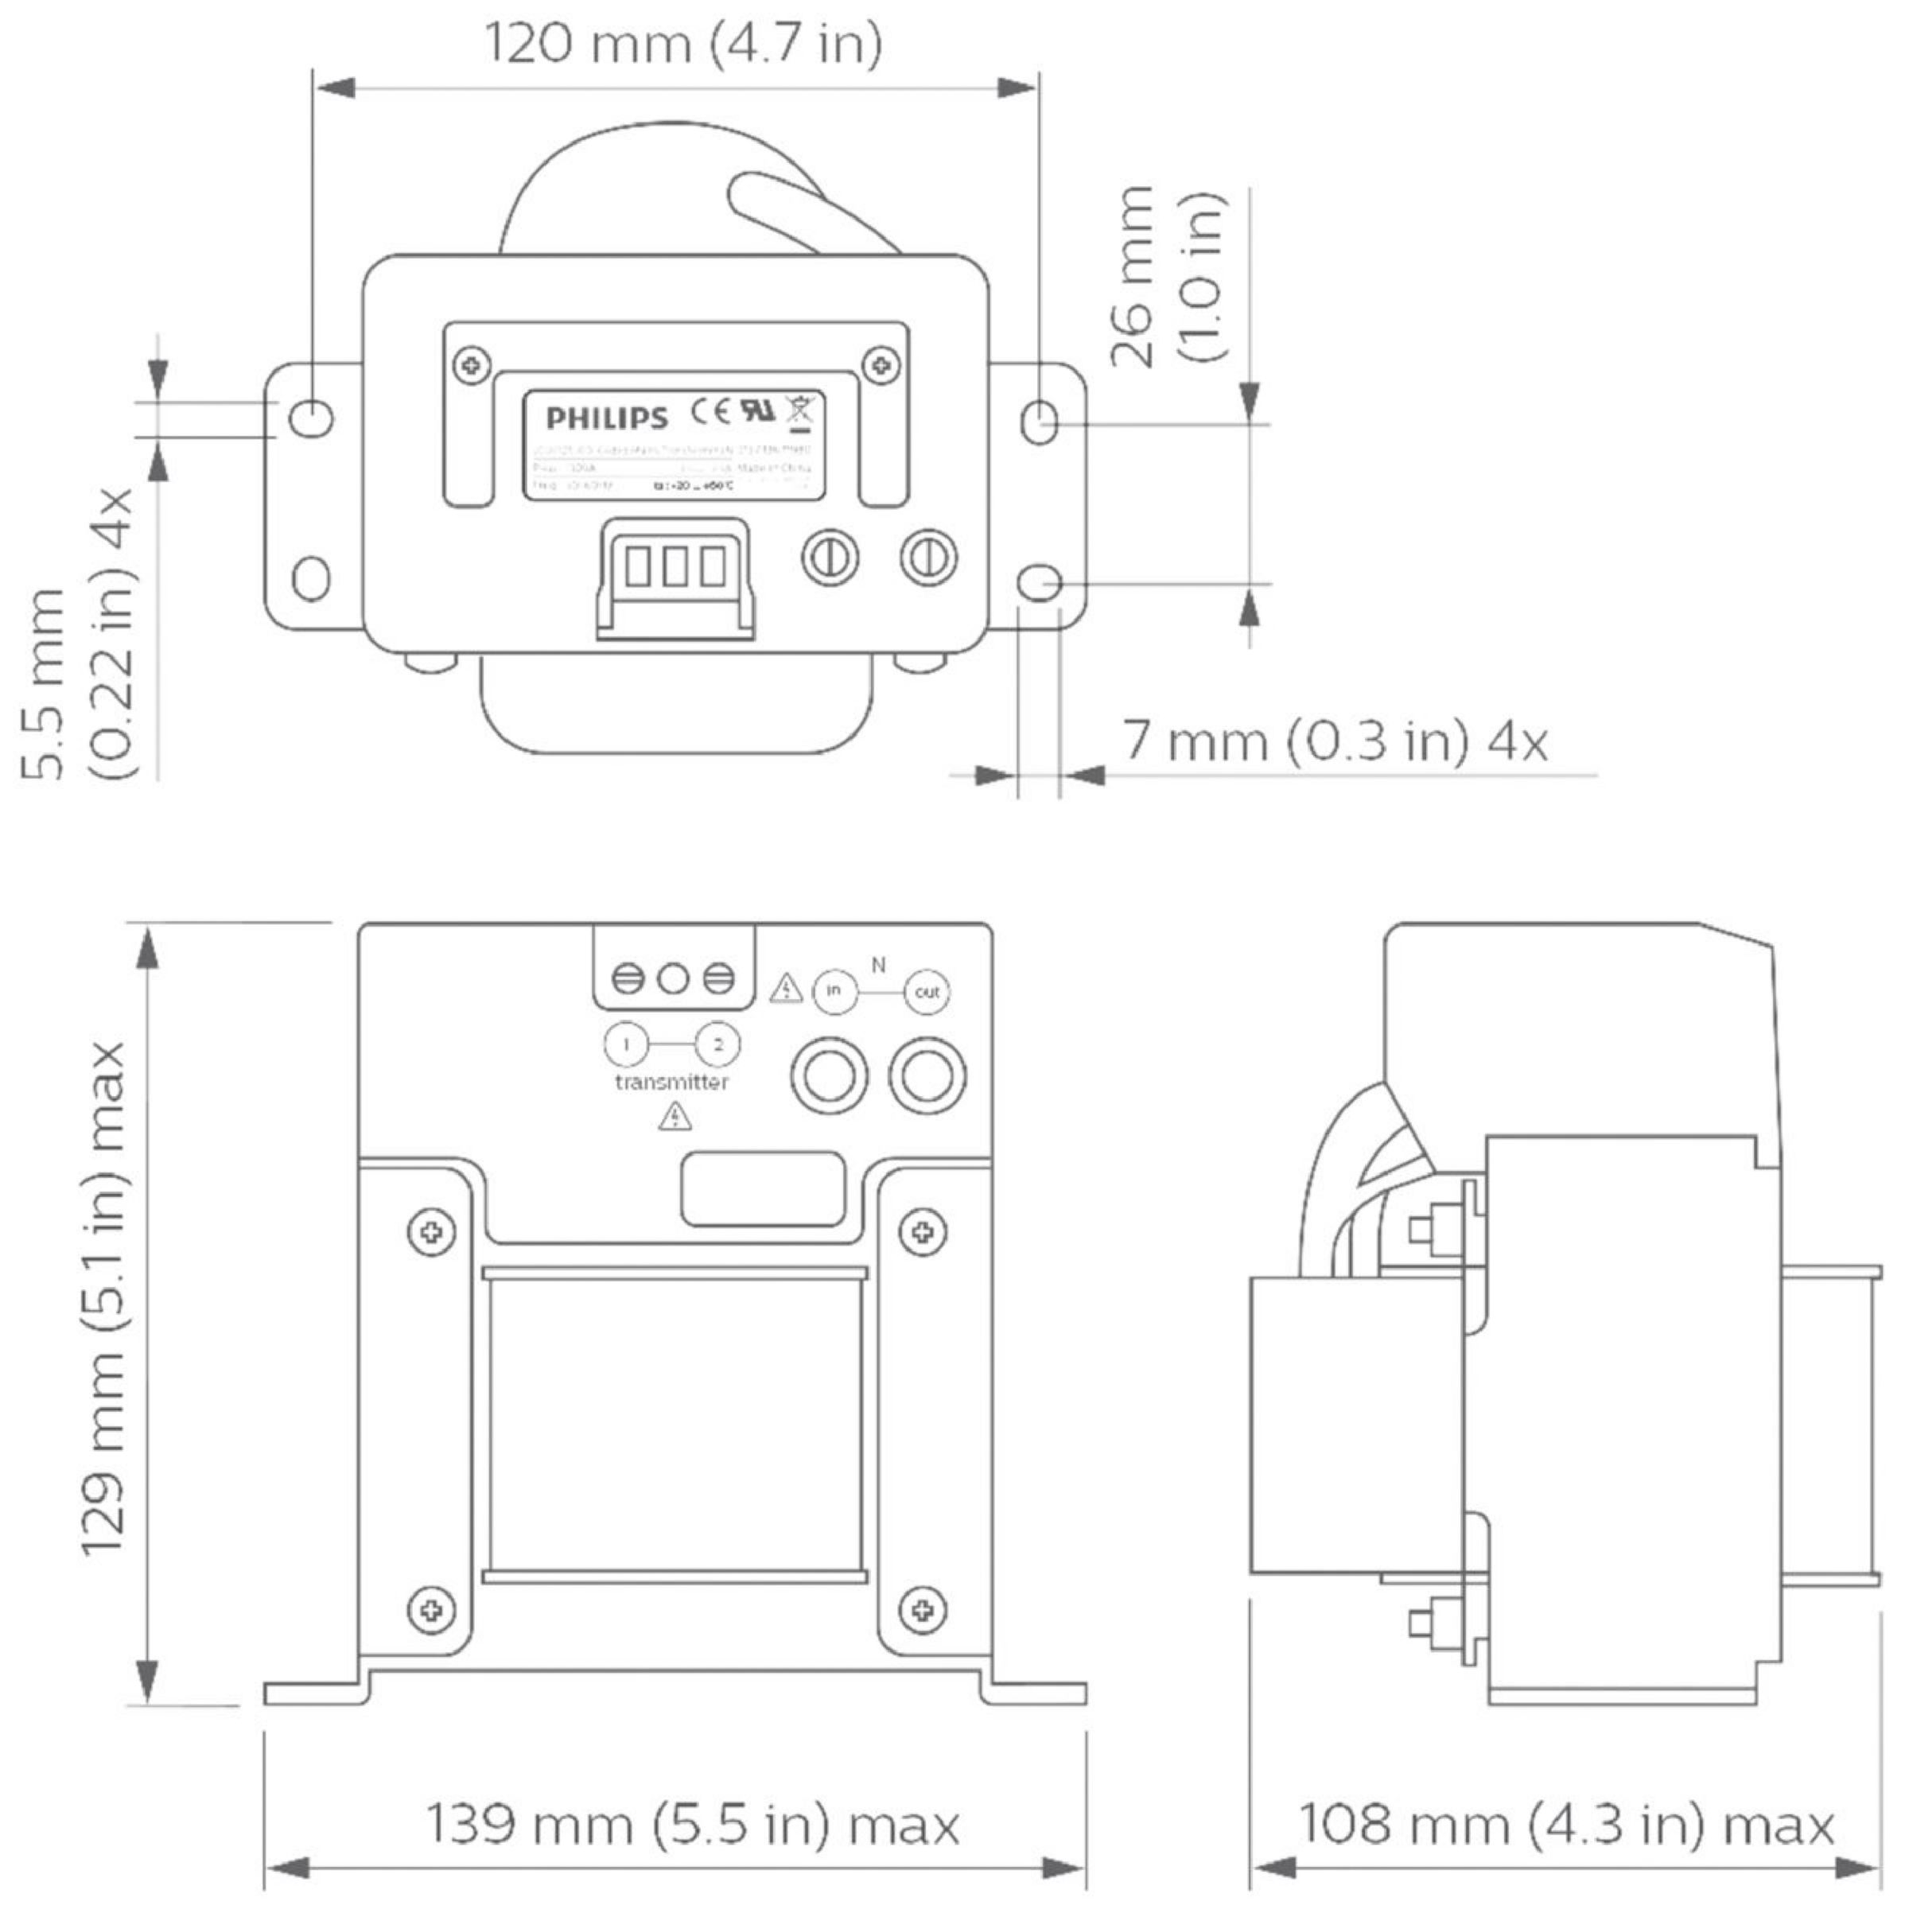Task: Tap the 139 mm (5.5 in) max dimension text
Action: pyautogui.click(x=692, y=1824)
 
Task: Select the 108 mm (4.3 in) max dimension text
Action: pyautogui.click(x=1566, y=1824)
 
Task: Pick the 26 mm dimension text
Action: pyautogui.click(x=1133, y=277)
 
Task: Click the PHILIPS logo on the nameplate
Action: pyautogui.click(x=607, y=418)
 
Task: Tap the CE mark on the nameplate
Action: pyautogui.click(x=710, y=410)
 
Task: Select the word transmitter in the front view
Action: pyautogui.click(x=672, y=1082)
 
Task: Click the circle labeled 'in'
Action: pyautogui.click(x=834, y=990)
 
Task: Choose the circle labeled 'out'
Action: pyautogui.click(x=927, y=991)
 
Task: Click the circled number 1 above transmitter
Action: pyautogui.click(x=627, y=1044)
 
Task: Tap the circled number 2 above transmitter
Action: pyautogui.click(x=718, y=1044)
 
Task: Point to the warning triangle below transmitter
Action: pyautogui.click(x=674, y=1117)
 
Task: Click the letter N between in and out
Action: pyautogui.click(x=878, y=964)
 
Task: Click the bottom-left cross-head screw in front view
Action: pyautogui.click(x=432, y=1611)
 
